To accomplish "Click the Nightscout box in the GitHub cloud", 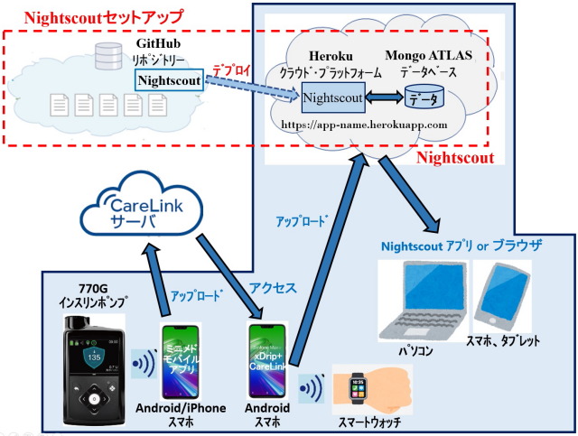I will pos(170,81).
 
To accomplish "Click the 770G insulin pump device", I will pos(91,368).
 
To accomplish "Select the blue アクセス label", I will pos(272,289).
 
